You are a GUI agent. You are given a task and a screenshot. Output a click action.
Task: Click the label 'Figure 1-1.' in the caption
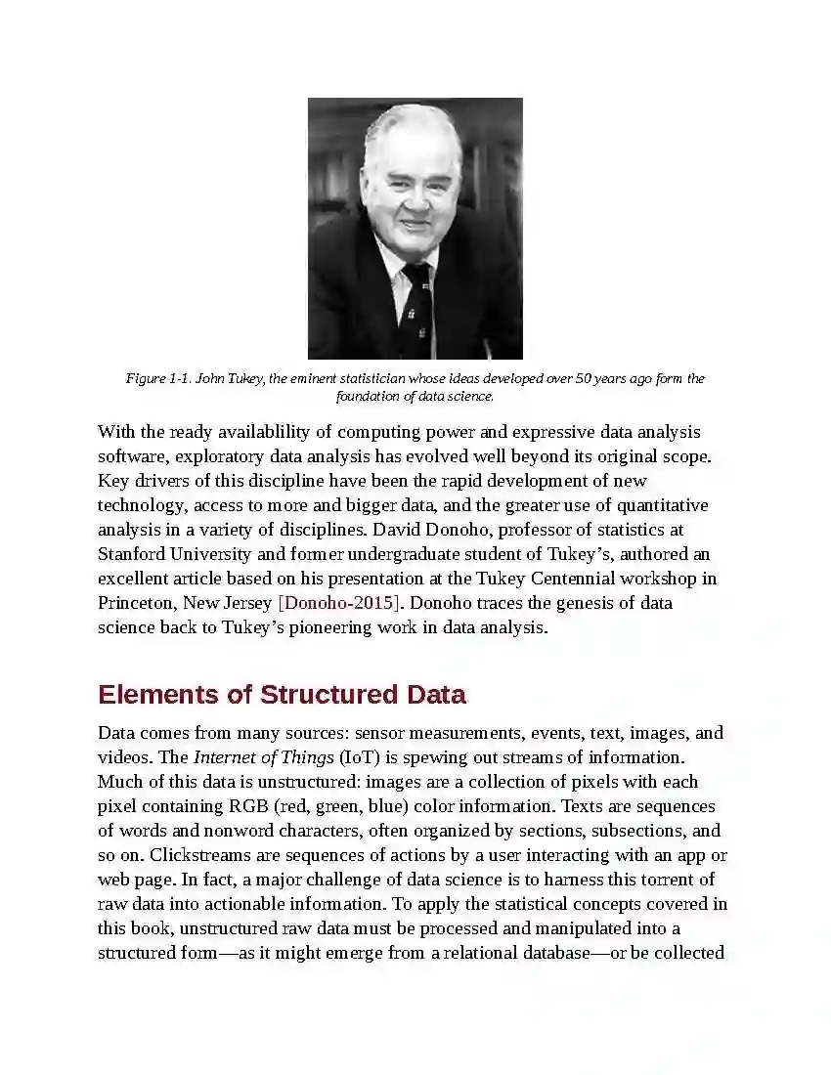tap(158, 379)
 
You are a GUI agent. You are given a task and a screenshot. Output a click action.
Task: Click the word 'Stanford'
tap(132, 554)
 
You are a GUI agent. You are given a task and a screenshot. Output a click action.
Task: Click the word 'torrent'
tap(660, 880)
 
